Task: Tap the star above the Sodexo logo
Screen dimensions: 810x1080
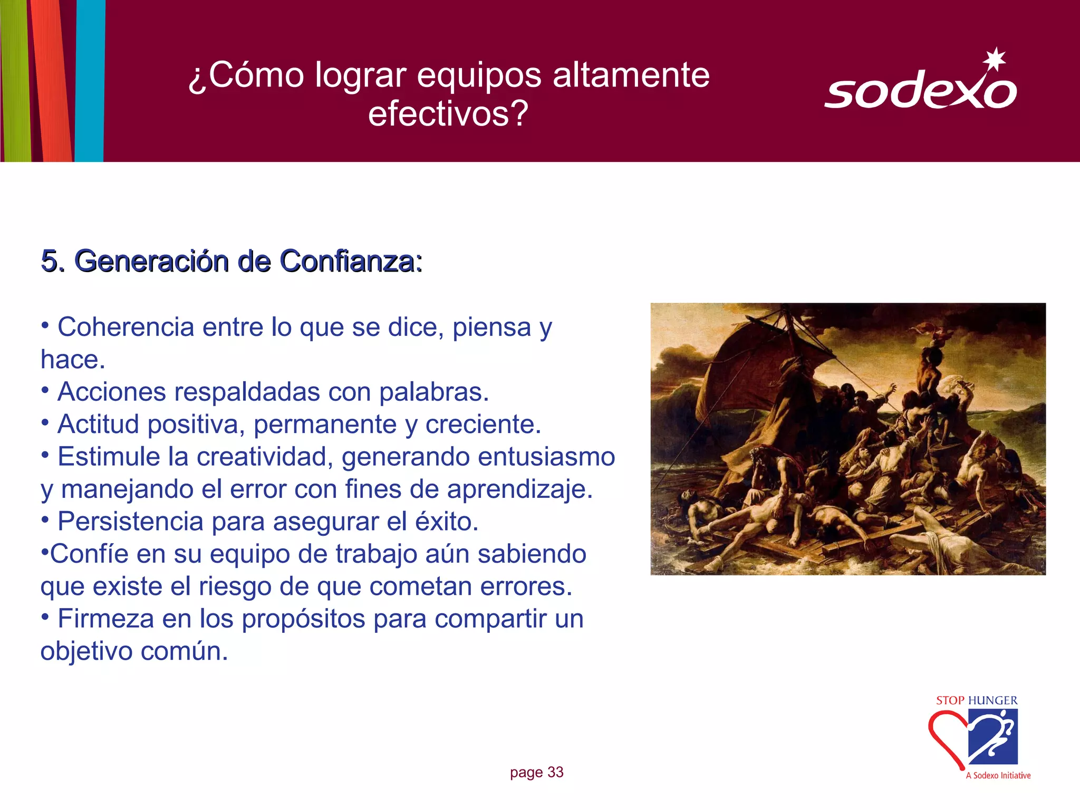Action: [x=995, y=59]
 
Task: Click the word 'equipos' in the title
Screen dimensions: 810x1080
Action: [x=479, y=75]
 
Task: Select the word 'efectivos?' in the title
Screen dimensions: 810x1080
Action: [x=448, y=113]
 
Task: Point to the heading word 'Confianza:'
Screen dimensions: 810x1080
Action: [x=351, y=261]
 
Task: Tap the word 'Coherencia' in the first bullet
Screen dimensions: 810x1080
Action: [x=126, y=327]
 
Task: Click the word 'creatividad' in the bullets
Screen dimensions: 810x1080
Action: [x=264, y=457]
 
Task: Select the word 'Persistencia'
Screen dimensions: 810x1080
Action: [x=130, y=522]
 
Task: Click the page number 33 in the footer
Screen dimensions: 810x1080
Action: [x=555, y=772]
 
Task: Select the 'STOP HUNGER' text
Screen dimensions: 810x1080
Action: [x=977, y=700]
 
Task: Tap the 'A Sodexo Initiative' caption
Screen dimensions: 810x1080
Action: [x=998, y=775]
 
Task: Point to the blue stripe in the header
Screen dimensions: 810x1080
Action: [x=90, y=79]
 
